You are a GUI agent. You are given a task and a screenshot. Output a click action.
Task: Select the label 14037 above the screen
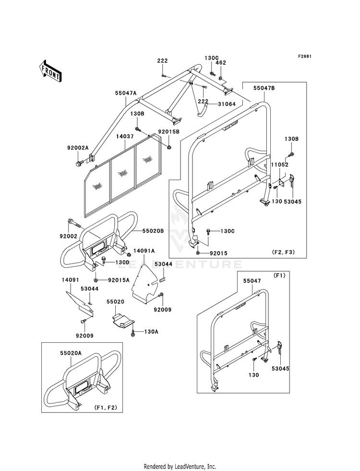[124, 136]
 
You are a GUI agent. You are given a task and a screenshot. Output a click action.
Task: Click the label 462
[221, 62]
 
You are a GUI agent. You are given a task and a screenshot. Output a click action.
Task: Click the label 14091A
[144, 251]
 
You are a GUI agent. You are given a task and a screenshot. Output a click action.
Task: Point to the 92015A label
[119, 280]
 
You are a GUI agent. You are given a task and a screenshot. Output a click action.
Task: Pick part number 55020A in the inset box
[71, 353]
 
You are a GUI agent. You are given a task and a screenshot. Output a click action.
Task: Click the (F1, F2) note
[108, 408]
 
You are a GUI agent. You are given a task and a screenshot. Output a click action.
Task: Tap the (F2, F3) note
[284, 252]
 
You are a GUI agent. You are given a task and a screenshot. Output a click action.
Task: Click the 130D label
[122, 263]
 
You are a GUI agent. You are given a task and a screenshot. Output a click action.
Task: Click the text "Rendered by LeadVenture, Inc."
[180, 466]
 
